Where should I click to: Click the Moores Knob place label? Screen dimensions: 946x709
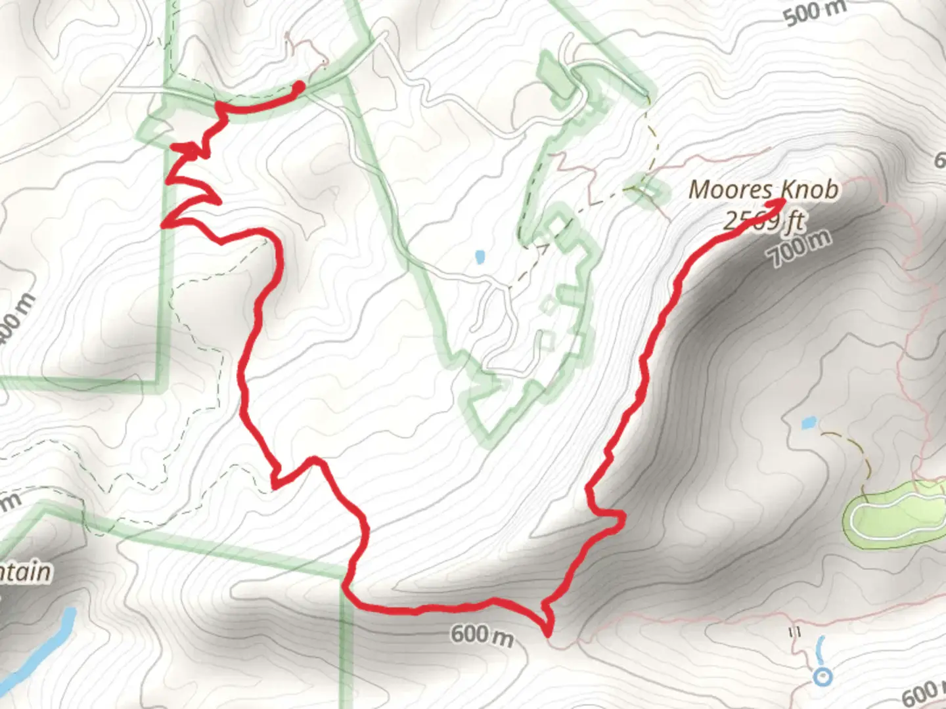click(x=763, y=190)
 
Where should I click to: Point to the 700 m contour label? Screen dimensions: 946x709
click(x=800, y=250)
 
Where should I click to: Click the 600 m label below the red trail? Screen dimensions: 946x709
click(x=482, y=635)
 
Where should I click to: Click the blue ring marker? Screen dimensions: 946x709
click(x=822, y=676)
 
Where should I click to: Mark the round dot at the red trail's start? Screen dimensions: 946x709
click(x=299, y=85)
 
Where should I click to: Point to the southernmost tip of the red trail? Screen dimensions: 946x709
click(x=547, y=634)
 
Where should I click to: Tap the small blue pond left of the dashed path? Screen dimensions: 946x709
click(x=479, y=256)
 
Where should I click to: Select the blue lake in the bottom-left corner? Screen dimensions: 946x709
click(x=39, y=650)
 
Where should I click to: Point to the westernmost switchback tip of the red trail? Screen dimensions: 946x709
click(x=163, y=225)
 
